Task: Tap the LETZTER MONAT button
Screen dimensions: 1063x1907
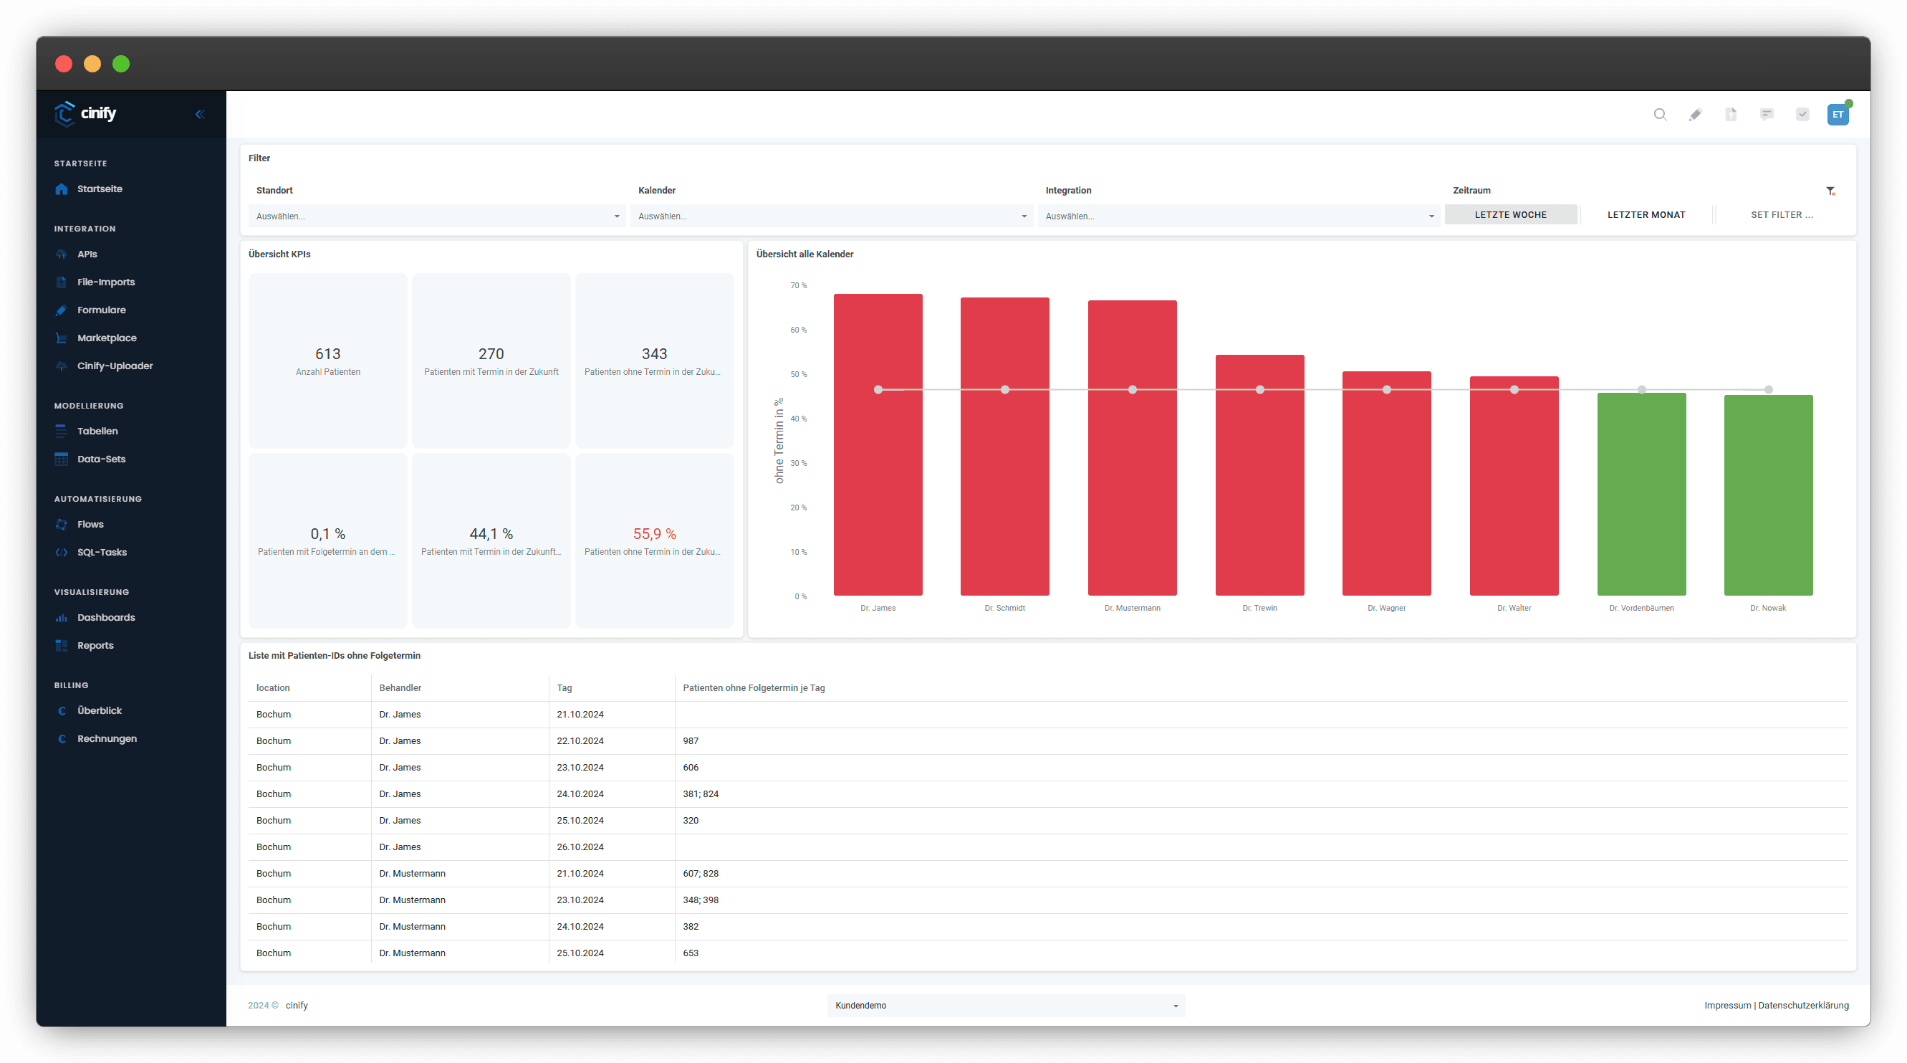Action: coord(1646,215)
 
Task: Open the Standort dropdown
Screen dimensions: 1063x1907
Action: coord(437,216)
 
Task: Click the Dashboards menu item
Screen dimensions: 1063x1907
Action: coord(106,617)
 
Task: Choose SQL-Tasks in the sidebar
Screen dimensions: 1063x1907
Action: coord(102,552)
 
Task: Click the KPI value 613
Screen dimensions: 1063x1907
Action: coord(328,354)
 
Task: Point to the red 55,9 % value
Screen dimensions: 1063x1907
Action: coord(655,534)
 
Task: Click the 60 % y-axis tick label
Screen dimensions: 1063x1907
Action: coord(798,330)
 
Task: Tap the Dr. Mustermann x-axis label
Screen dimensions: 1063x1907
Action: coord(1132,608)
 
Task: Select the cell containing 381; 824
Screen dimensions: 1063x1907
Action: coord(701,794)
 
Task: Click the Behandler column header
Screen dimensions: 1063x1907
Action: coord(400,688)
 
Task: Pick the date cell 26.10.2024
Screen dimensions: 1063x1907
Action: coord(580,847)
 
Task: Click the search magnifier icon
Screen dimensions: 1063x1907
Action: coord(1660,114)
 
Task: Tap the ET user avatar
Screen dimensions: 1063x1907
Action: coord(1838,115)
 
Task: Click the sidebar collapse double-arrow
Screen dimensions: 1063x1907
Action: coord(200,114)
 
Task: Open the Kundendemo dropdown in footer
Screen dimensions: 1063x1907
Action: coord(1005,1005)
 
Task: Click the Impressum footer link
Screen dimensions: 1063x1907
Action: coord(1727,1005)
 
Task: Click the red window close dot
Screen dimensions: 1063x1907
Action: coord(64,64)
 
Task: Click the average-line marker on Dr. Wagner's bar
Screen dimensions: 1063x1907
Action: coord(1387,390)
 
